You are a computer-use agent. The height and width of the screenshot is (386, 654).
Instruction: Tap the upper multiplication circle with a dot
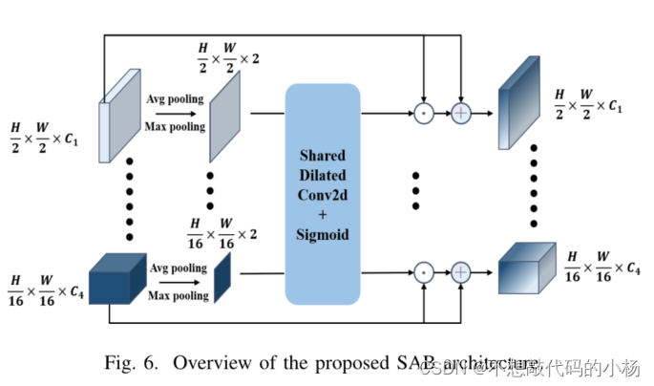tap(421, 112)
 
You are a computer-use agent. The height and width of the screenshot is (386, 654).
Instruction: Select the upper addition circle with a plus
tap(462, 112)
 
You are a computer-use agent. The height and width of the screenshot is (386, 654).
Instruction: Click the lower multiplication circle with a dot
tap(421, 272)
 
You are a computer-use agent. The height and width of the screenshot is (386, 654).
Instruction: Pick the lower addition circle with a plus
tap(462, 272)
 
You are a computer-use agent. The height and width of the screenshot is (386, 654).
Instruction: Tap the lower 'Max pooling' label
tap(178, 296)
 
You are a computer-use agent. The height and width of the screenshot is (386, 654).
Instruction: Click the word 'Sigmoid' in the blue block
tap(321, 235)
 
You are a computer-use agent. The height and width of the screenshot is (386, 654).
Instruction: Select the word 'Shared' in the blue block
tap(321, 155)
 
